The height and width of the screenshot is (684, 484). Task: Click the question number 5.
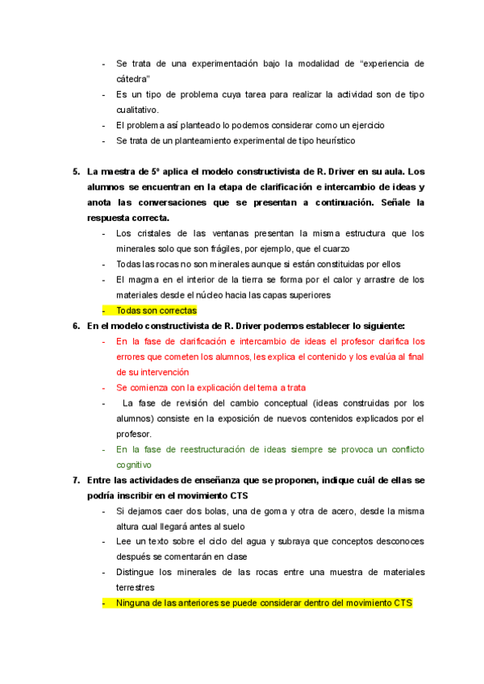point(76,171)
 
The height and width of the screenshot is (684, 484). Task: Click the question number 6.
point(76,326)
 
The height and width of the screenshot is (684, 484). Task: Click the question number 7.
point(76,480)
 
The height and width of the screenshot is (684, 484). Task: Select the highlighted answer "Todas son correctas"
point(156,311)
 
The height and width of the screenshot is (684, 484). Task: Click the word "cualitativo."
point(138,110)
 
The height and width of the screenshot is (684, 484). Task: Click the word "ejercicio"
point(365,125)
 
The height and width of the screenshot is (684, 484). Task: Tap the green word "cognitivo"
point(133,465)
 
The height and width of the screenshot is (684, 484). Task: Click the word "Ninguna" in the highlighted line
point(134,603)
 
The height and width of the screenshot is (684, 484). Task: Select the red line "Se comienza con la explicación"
point(211,387)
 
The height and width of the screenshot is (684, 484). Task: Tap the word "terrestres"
point(136,587)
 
